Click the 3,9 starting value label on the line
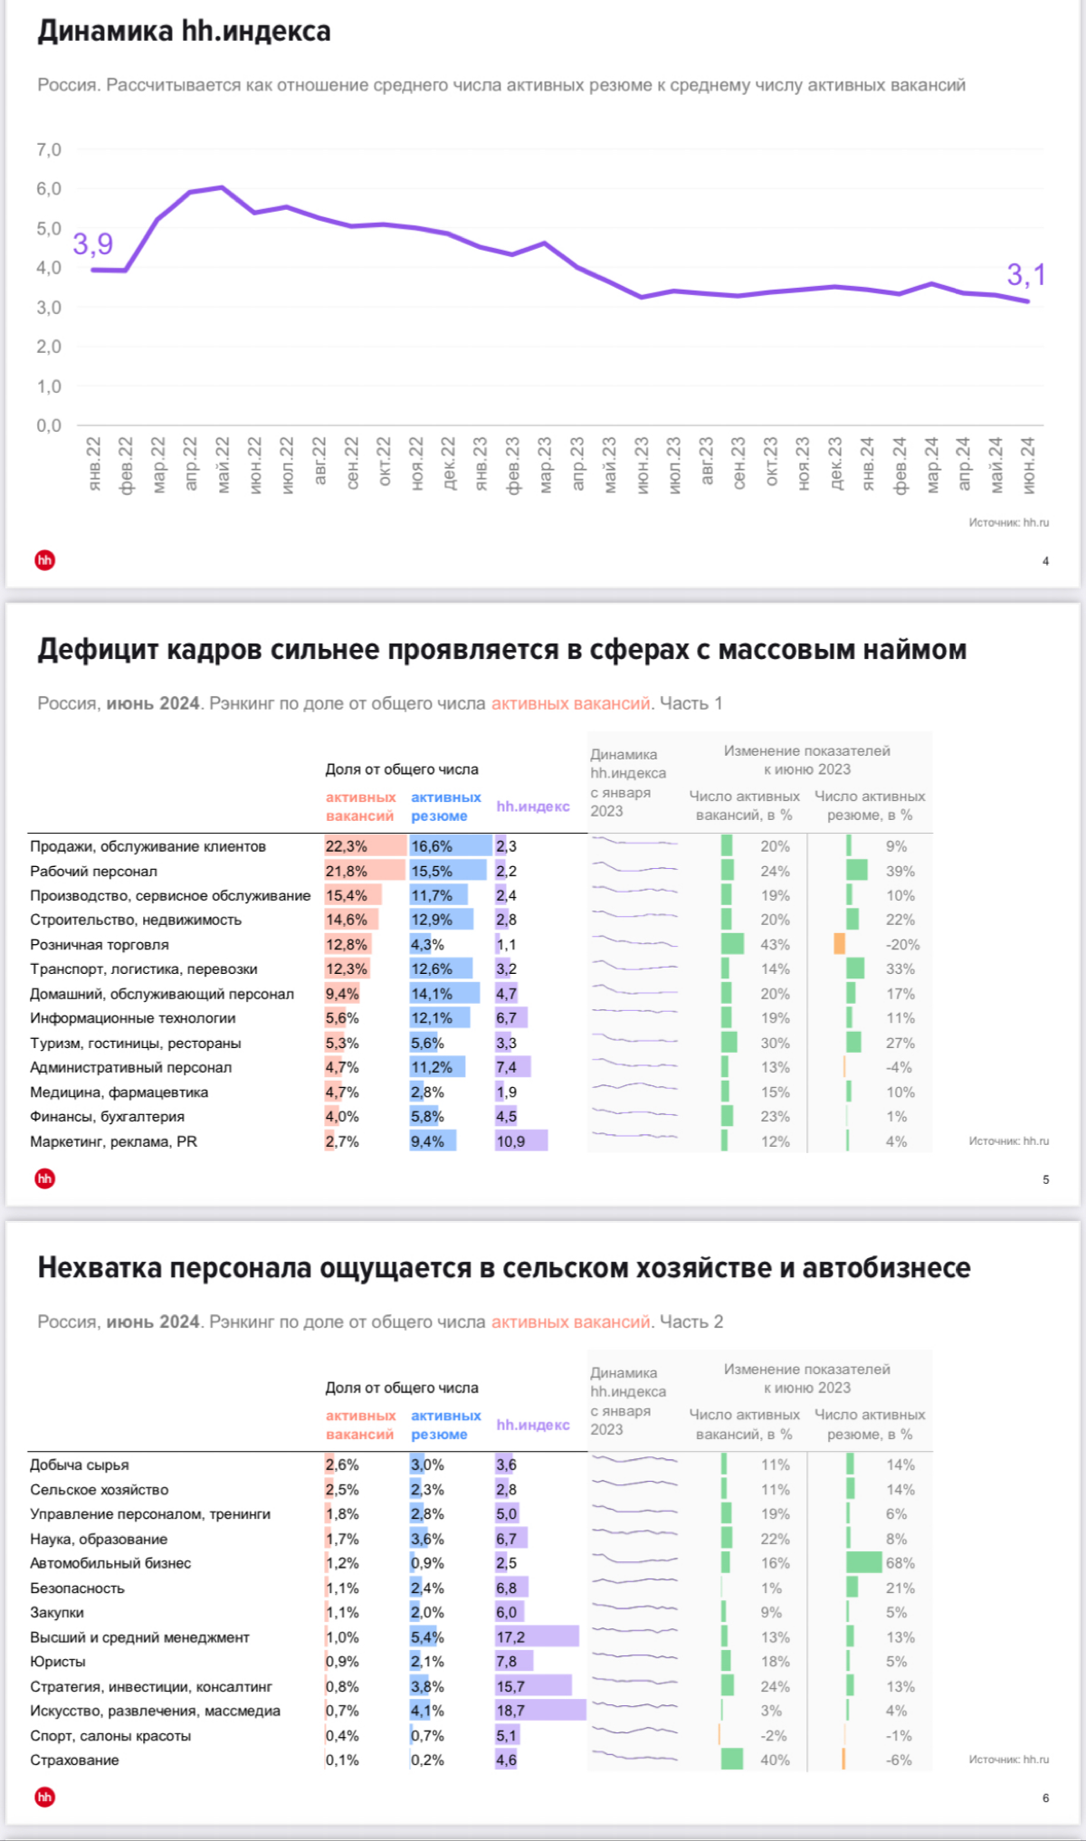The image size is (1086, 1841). (93, 243)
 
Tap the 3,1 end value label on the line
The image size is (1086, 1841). (1026, 274)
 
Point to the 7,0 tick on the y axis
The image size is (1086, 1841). (49, 149)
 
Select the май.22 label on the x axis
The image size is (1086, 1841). (223, 464)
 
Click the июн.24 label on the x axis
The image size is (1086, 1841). (1028, 464)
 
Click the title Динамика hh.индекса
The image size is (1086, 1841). (184, 32)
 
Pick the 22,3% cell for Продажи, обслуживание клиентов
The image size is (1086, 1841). (347, 846)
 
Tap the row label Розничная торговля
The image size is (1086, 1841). (100, 944)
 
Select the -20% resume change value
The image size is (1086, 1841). (902, 944)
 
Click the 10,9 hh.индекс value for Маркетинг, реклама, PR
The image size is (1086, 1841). (510, 1141)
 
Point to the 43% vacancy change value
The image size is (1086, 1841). (775, 944)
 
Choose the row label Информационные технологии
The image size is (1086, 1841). (132, 1018)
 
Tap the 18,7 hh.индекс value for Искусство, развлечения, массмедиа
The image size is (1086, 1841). (510, 1711)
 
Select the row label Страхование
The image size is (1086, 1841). (74, 1760)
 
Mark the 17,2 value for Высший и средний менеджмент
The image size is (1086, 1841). (510, 1637)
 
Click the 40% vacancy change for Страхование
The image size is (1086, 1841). (775, 1760)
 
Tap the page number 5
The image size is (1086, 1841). (1045, 1179)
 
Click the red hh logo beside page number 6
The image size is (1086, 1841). (44, 1797)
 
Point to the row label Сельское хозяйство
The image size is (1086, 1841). (99, 1489)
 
